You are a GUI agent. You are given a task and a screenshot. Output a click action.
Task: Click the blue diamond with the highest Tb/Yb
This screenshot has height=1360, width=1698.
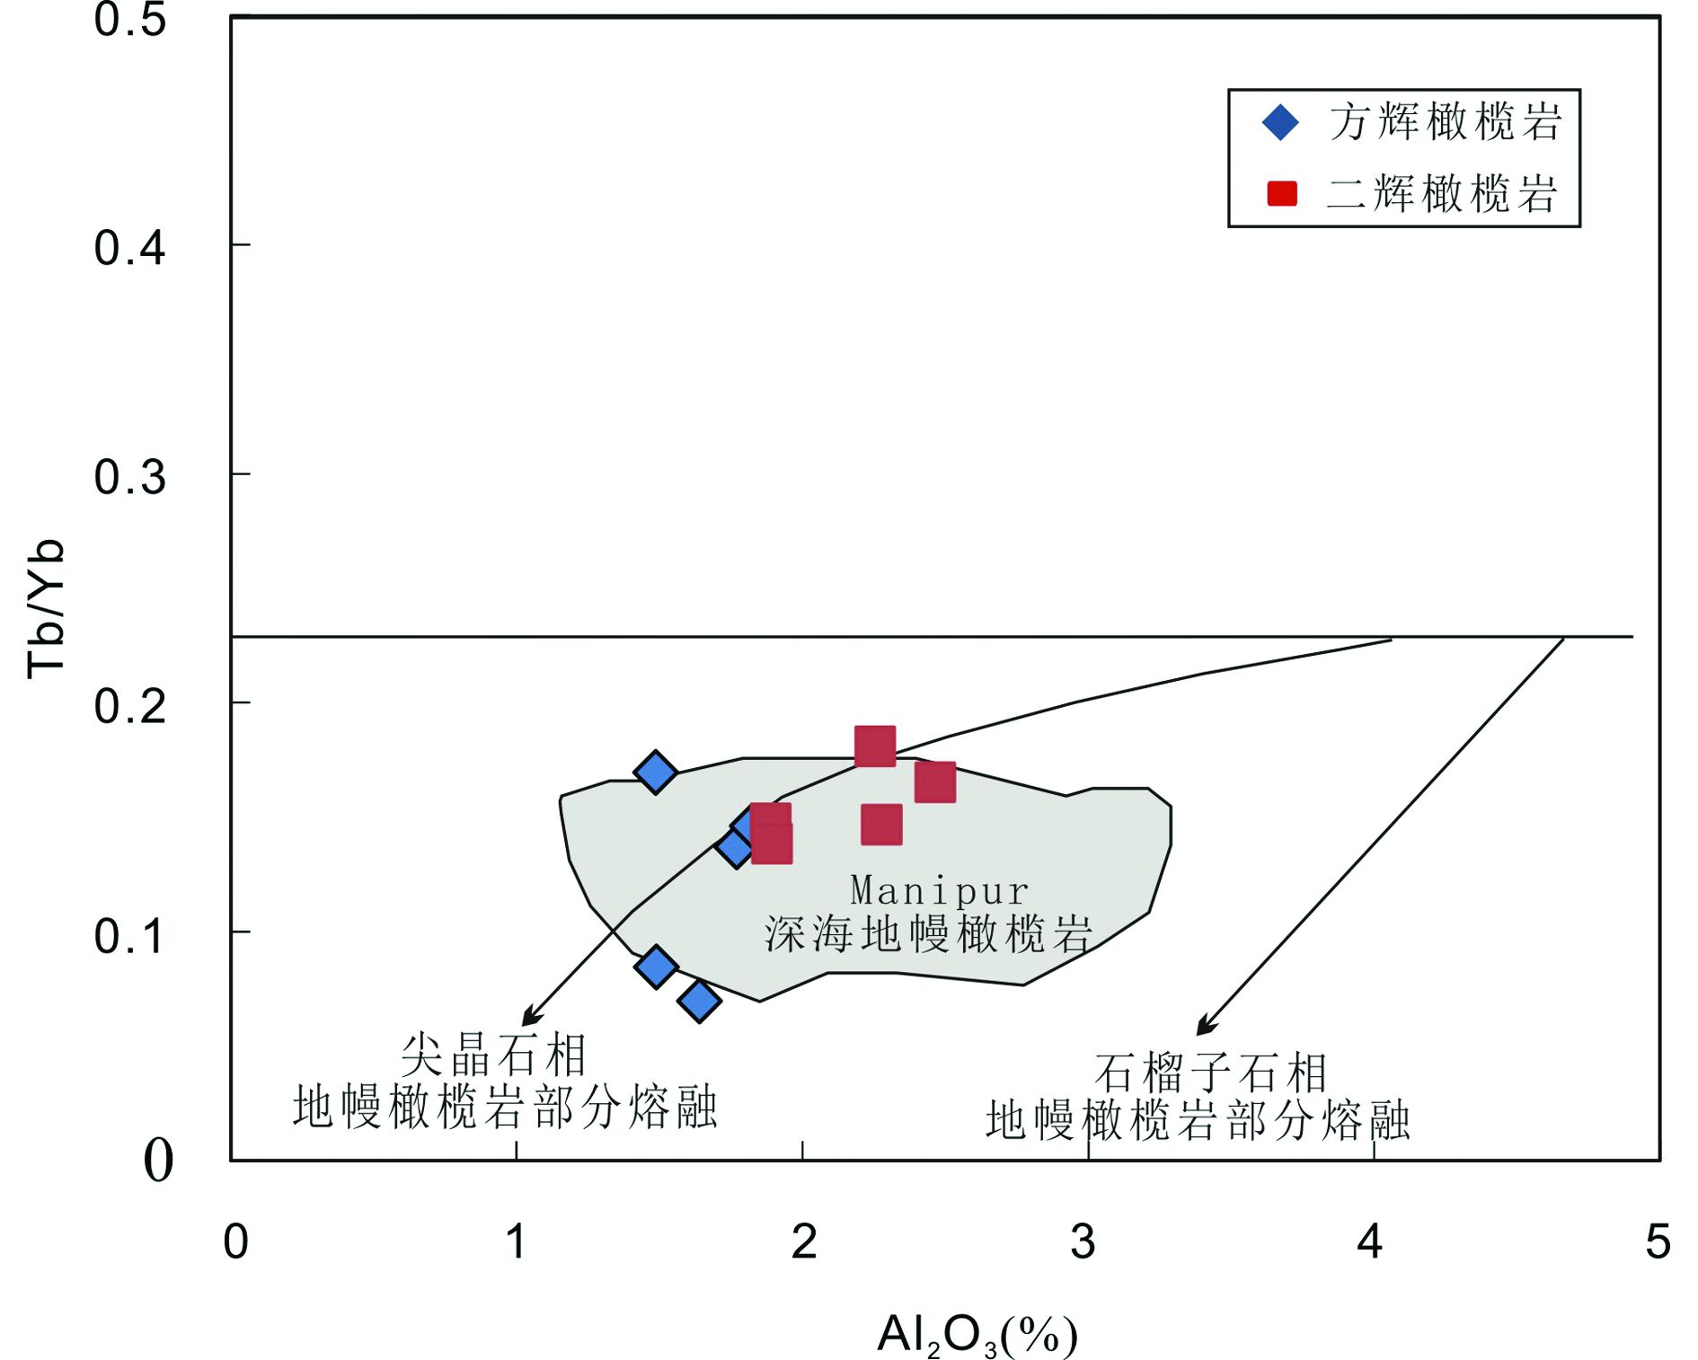coord(655,772)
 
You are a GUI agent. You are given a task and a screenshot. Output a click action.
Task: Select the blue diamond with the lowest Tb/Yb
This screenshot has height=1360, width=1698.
coord(699,1001)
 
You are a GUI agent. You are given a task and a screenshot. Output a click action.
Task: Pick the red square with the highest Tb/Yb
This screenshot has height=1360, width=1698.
coord(875,746)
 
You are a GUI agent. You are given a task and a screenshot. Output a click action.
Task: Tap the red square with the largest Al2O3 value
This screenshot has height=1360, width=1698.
coord(935,782)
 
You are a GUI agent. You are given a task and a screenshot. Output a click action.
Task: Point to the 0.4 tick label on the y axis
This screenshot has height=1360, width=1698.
coord(129,248)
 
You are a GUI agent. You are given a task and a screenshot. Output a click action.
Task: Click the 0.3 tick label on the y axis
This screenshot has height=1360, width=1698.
coord(129,477)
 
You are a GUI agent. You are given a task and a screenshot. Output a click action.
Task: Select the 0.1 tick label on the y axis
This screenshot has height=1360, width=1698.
coord(129,936)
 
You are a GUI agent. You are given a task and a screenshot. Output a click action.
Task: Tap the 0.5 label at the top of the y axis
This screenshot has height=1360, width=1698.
coord(129,20)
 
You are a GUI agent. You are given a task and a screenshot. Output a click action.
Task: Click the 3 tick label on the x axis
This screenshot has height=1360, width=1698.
coord(1083,1242)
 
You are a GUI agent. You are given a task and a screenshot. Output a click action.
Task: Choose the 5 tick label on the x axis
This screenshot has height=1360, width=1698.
coord(1658,1242)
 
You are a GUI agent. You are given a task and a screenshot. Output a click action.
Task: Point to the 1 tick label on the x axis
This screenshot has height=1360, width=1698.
coord(516,1242)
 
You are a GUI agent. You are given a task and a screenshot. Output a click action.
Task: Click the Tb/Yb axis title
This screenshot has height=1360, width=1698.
coord(45,609)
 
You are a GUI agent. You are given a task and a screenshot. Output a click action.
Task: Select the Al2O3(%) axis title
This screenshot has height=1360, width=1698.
coord(977,1335)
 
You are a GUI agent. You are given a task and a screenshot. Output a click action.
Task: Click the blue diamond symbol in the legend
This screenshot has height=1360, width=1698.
coord(1280,122)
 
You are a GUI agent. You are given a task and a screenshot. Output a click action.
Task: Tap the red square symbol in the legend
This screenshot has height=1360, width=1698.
coord(1282,193)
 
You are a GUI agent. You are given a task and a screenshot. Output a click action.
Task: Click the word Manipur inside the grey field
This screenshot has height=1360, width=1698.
coord(939,890)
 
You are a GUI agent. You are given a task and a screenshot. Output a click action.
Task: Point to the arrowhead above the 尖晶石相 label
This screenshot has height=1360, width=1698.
coord(530,1017)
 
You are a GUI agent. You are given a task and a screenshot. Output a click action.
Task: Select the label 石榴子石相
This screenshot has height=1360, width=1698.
coord(1210,1073)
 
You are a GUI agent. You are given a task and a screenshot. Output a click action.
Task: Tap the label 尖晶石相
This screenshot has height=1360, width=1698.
coord(493,1055)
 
